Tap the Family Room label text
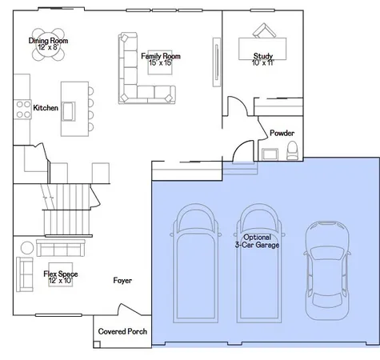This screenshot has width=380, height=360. point(160,57)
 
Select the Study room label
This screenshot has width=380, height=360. point(263,57)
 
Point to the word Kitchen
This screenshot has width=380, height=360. point(45,108)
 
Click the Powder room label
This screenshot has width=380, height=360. point(282,133)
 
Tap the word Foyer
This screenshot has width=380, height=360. point(122,281)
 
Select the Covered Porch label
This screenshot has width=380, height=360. point(122,331)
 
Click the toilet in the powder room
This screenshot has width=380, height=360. point(292,149)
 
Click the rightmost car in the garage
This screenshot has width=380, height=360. point(326,268)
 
